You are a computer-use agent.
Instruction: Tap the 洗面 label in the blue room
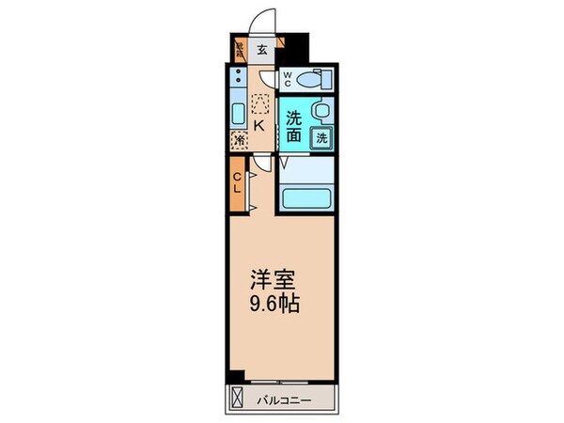click(x=294, y=128)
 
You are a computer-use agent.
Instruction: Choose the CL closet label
click(x=238, y=181)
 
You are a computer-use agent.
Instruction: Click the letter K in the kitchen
click(x=256, y=122)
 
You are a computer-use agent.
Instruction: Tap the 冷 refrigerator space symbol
click(x=240, y=140)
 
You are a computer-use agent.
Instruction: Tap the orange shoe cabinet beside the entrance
click(x=240, y=50)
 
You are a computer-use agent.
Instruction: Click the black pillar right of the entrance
click(x=296, y=46)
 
